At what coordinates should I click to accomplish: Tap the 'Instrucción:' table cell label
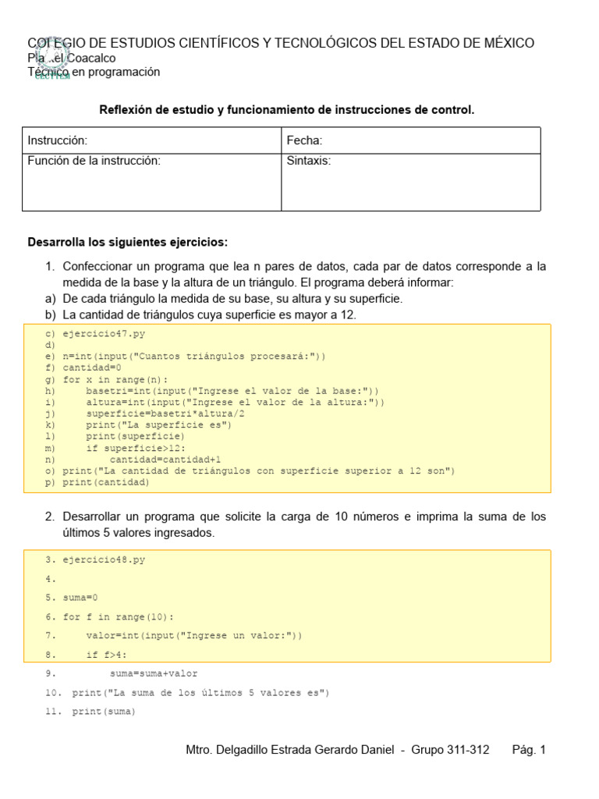(x=58, y=140)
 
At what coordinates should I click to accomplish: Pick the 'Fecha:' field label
(x=304, y=140)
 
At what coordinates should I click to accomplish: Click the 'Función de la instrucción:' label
(x=94, y=161)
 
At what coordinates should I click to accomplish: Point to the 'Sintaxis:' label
(x=309, y=161)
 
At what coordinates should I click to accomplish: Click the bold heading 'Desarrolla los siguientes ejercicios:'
(x=128, y=242)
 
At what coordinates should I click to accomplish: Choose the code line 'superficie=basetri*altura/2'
(x=165, y=414)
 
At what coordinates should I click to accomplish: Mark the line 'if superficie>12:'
(x=136, y=448)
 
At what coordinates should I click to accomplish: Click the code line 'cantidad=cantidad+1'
(x=165, y=460)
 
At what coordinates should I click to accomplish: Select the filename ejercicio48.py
(x=104, y=559)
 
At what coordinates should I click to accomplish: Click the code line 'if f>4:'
(x=106, y=655)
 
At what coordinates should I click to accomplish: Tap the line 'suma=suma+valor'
(x=154, y=673)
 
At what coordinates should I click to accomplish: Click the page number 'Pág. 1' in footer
(x=529, y=750)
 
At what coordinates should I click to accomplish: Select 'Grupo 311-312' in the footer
(x=455, y=750)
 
